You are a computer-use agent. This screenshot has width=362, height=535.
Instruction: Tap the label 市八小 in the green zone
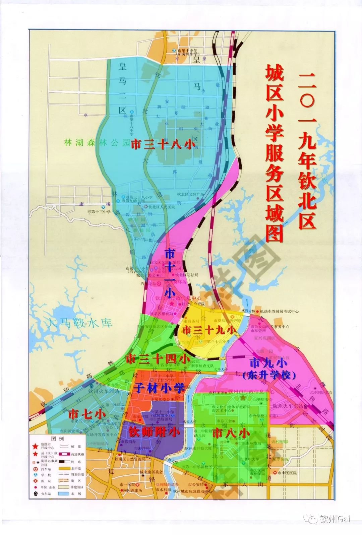point(231,433)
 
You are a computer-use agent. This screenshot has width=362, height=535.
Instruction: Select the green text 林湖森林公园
point(97,143)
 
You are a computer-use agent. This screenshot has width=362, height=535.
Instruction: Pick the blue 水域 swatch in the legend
point(63,494)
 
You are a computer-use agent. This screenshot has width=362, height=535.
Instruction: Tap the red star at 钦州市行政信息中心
point(243,397)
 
